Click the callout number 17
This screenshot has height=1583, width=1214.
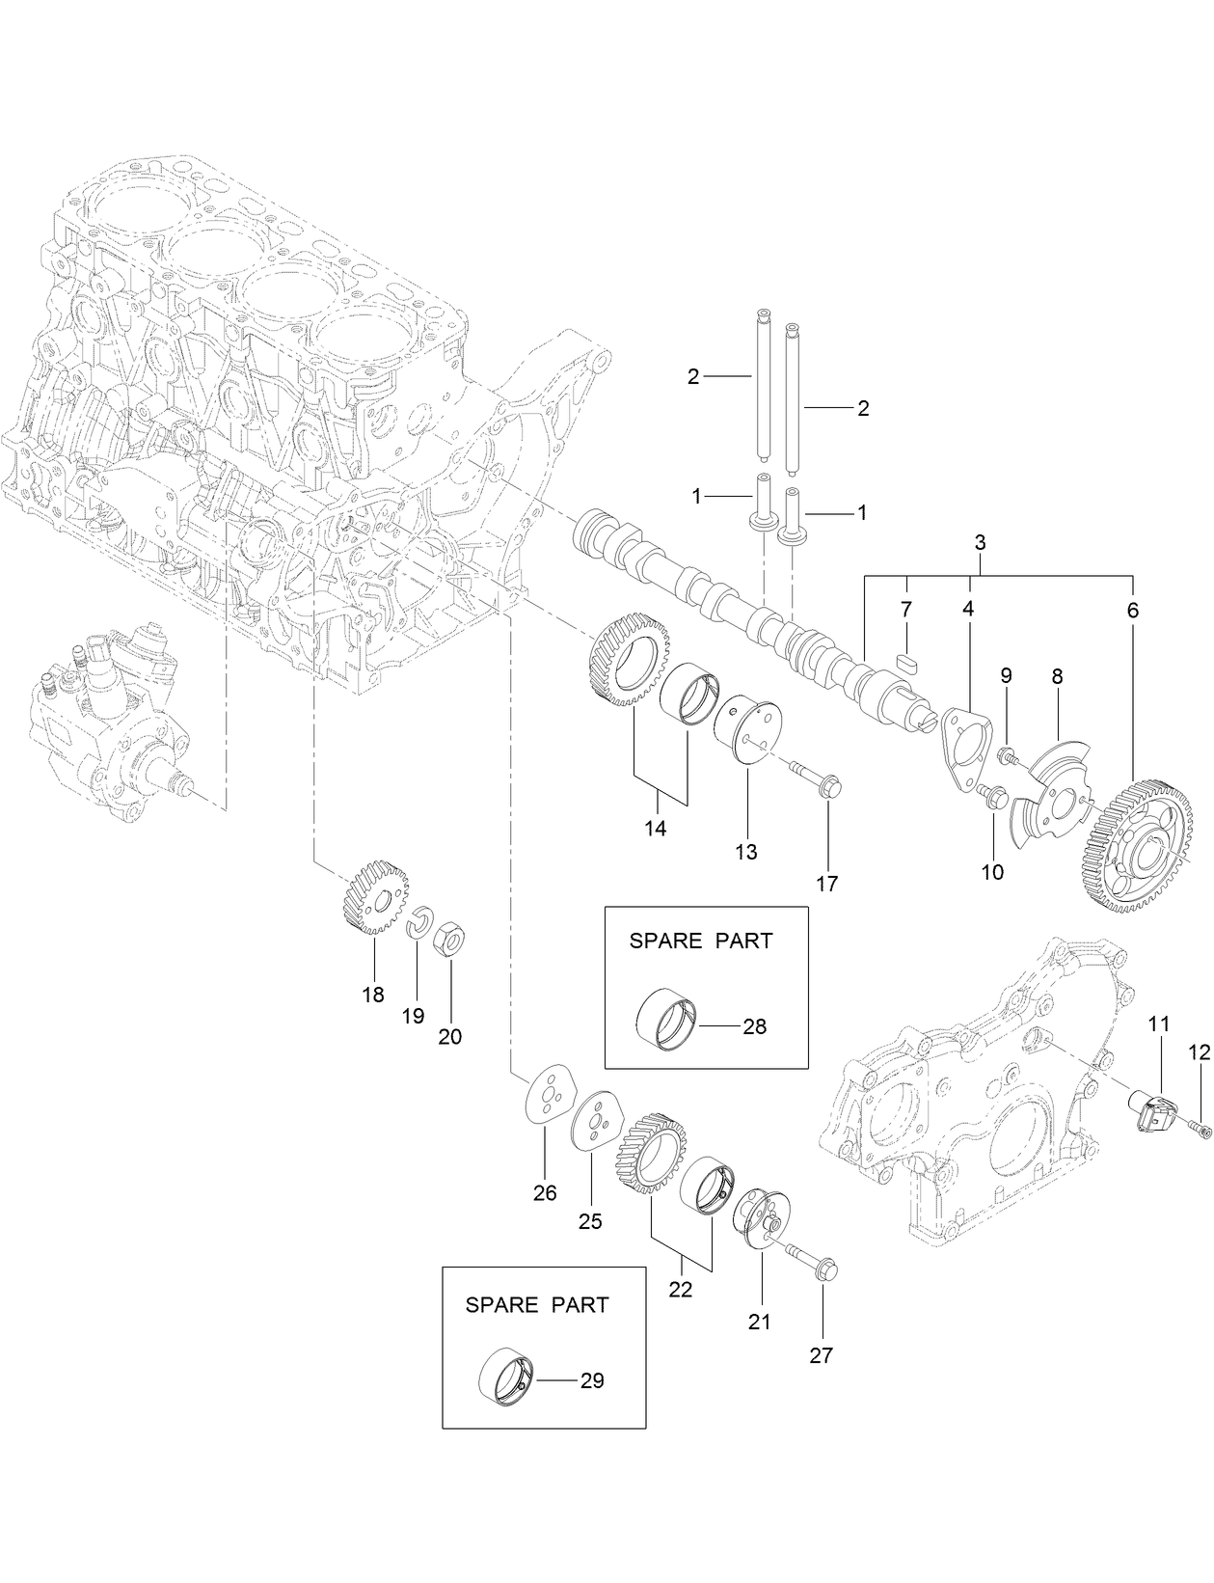(x=826, y=884)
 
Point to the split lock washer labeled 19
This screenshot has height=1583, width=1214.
(x=418, y=923)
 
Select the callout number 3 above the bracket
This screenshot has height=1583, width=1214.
(x=980, y=543)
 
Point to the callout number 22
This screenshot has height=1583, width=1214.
(x=681, y=1290)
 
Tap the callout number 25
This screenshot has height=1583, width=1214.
(x=589, y=1221)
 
